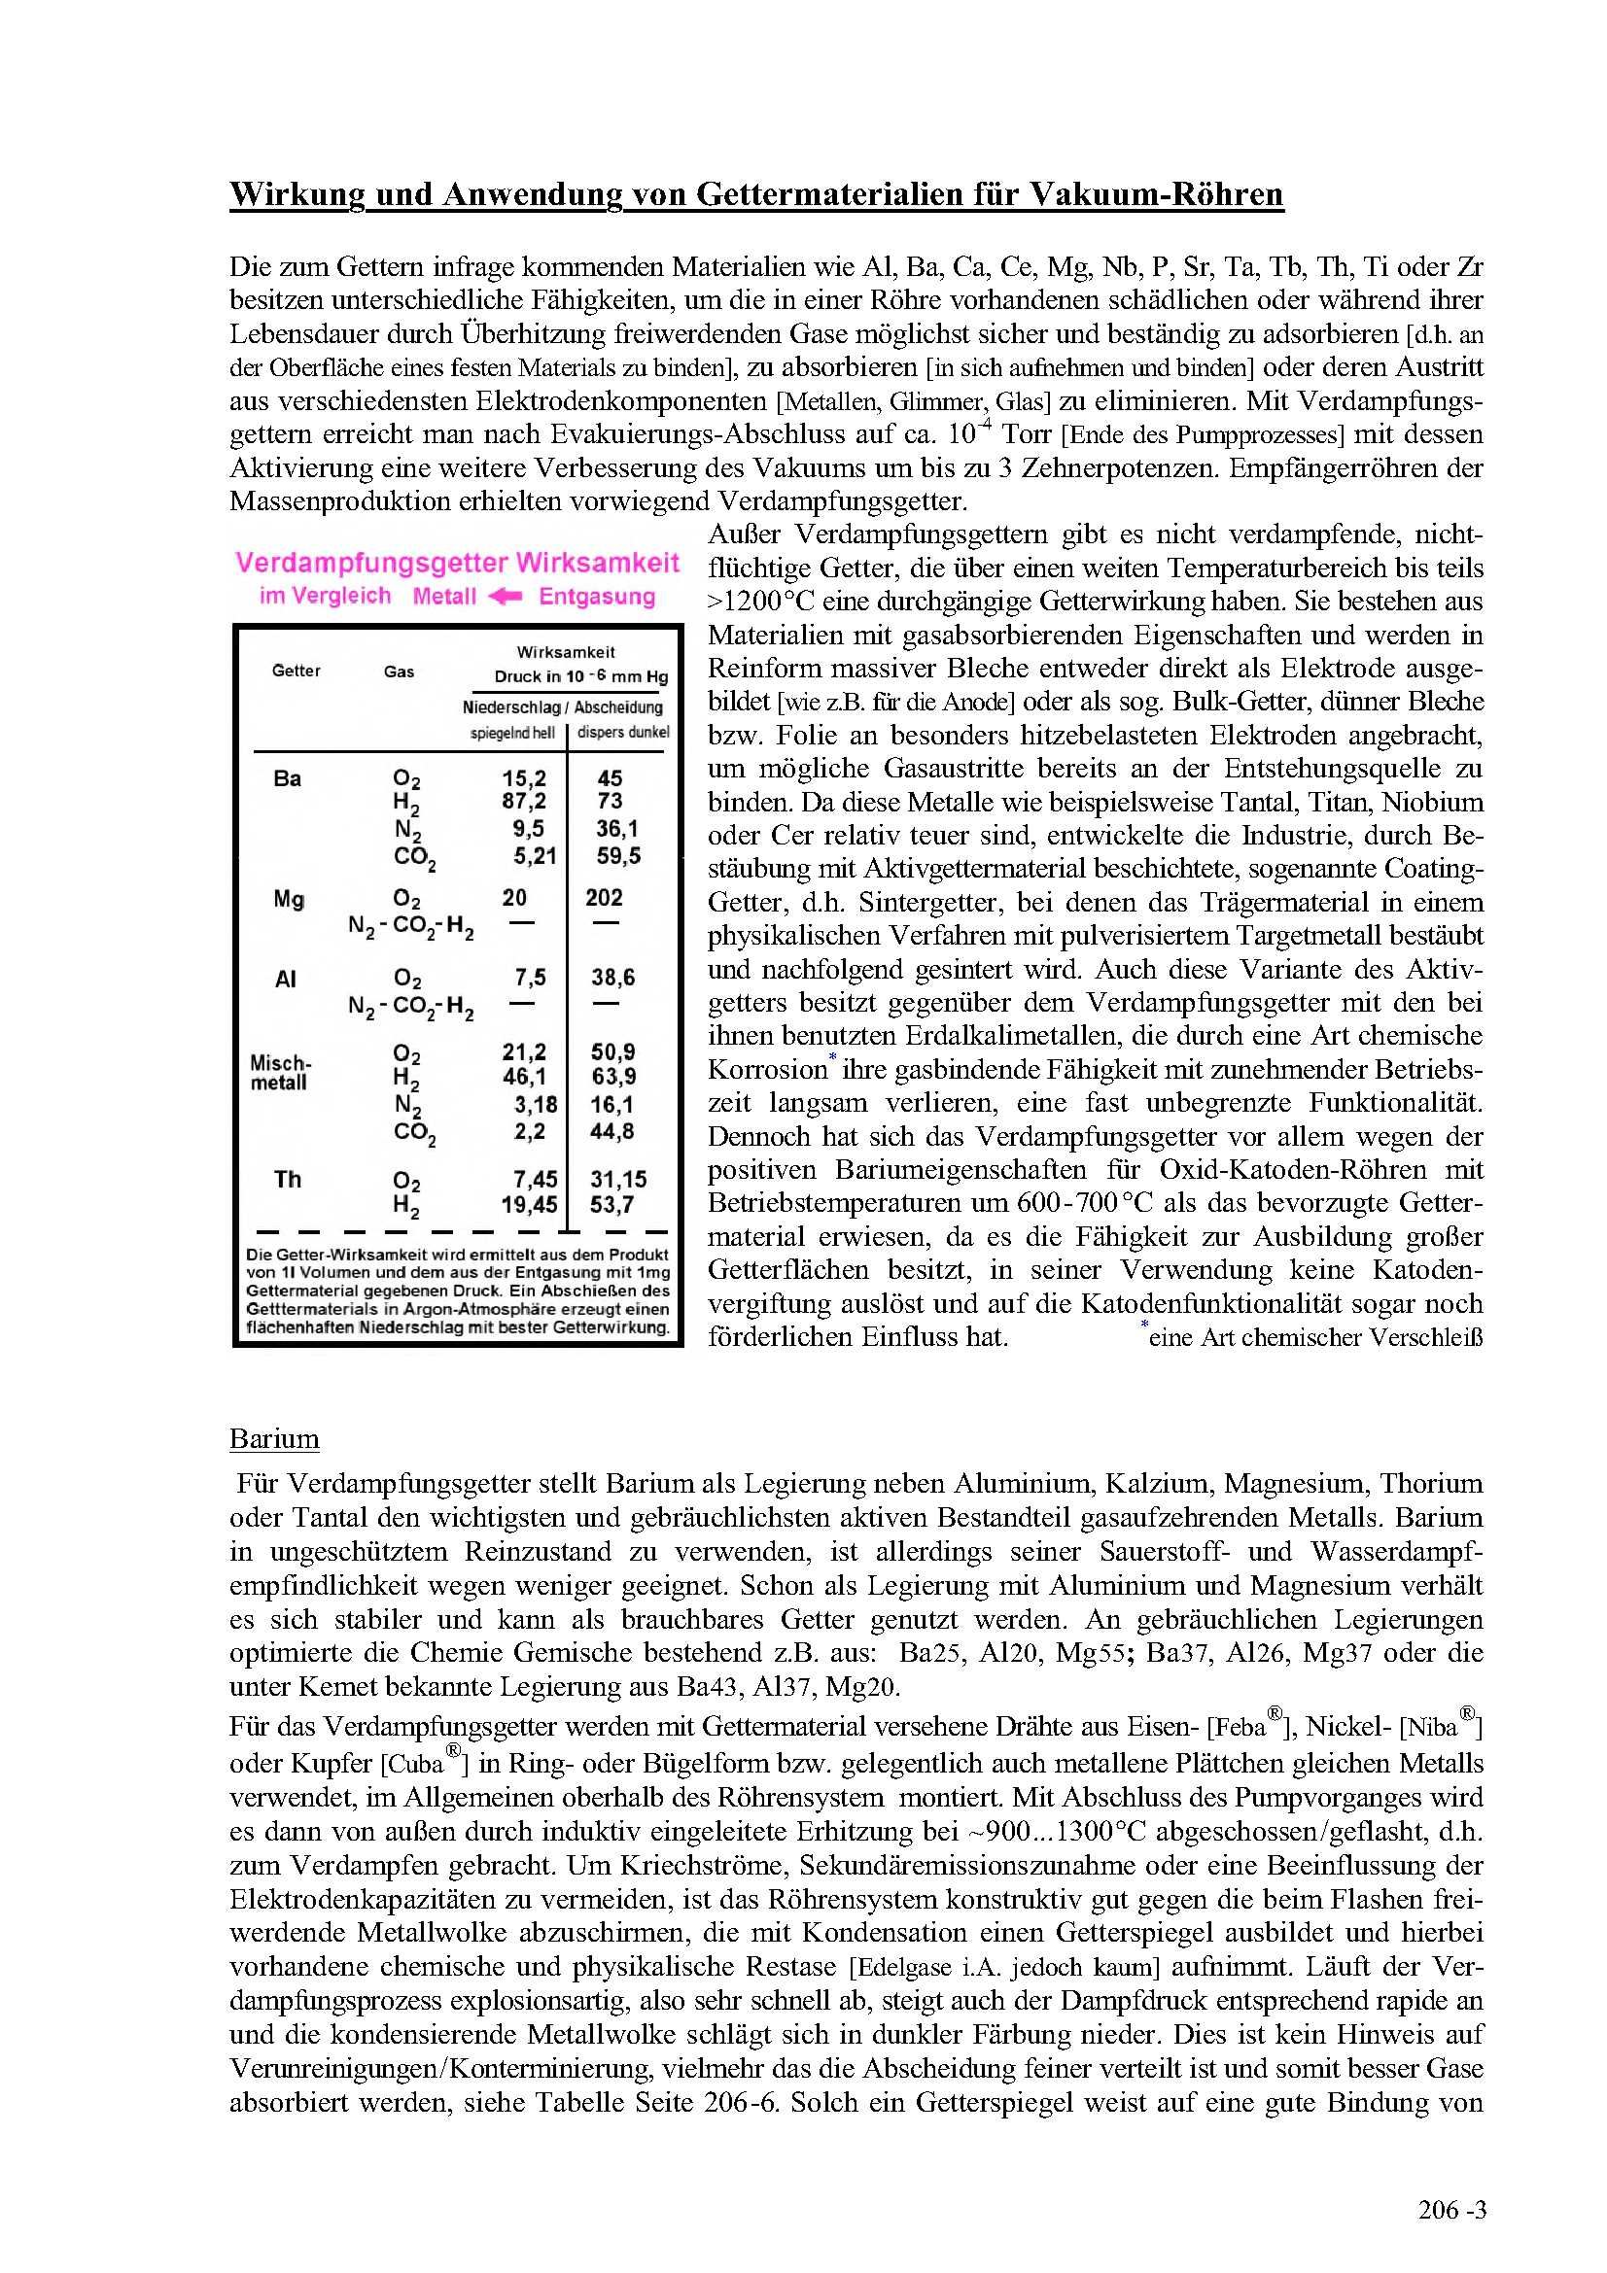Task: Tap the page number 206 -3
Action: point(1451,2210)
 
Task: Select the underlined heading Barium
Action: point(274,1438)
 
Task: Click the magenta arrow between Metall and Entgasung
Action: point(506,596)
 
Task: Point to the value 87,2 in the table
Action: point(524,802)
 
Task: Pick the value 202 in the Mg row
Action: point(604,898)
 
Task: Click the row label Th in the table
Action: point(287,1179)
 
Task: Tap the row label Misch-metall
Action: point(280,1073)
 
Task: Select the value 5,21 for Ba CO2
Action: point(535,856)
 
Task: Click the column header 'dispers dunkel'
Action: point(623,733)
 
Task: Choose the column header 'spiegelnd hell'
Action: point(512,734)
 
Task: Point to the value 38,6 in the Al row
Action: point(612,979)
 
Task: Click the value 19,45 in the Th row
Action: point(529,1206)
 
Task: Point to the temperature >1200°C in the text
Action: point(761,602)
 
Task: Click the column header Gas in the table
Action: point(399,672)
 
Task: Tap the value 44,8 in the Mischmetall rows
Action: point(611,1131)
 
